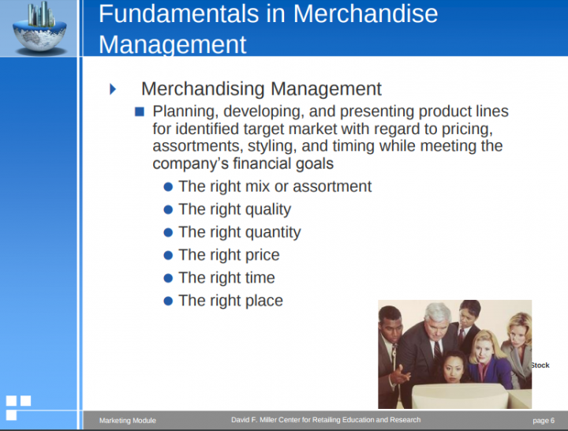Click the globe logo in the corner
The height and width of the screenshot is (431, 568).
pyautogui.click(x=39, y=28)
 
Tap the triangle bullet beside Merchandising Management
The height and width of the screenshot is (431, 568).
pyautogui.click(x=113, y=89)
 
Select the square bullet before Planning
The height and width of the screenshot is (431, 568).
pyautogui.click(x=140, y=111)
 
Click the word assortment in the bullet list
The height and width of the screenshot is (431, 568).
pyautogui.click(x=335, y=187)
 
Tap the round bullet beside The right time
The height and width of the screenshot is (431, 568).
pyautogui.click(x=167, y=278)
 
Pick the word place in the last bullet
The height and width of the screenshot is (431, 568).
pyautogui.click(x=263, y=301)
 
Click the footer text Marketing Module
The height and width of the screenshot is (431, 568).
pyautogui.click(x=128, y=421)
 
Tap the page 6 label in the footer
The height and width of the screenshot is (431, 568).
pyautogui.click(x=544, y=421)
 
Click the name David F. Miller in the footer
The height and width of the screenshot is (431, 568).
pyautogui.click(x=257, y=420)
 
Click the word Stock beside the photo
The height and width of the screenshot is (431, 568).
pyautogui.click(x=540, y=365)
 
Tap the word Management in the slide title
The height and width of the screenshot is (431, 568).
pyautogui.click(x=173, y=43)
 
